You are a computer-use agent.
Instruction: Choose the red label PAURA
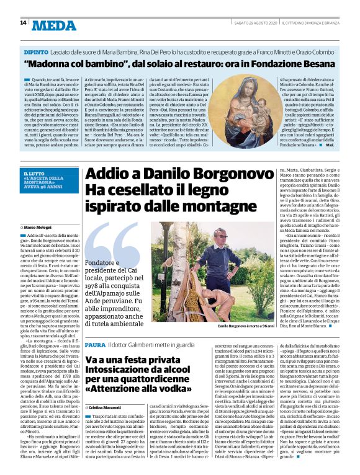point(96,344)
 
